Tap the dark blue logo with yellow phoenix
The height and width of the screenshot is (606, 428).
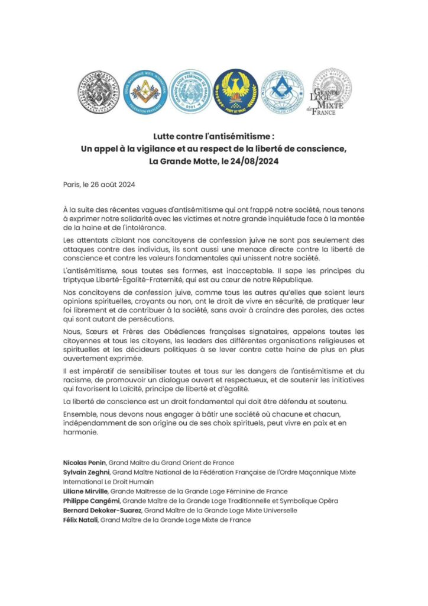click(235, 91)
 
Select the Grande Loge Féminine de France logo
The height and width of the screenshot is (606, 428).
click(190, 91)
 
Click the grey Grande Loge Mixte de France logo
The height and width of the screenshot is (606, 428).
click(332, 92)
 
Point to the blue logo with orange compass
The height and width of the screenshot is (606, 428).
click(145, 91)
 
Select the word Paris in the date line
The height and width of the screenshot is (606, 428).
click(73, 184)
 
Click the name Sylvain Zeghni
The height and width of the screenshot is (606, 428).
click(86, 472)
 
